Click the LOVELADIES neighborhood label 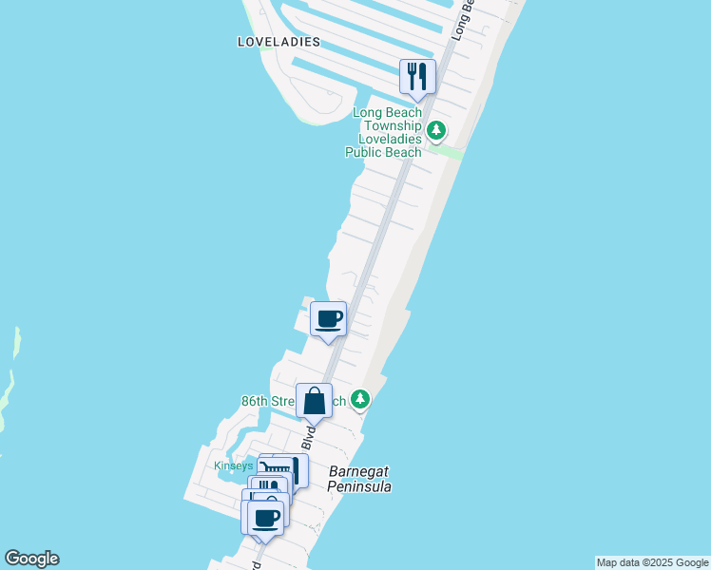point(279,43)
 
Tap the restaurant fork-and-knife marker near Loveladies point(416,76)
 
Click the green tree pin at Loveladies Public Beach point(436,130)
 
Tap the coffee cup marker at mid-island point(329,319)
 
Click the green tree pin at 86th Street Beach point(359,399)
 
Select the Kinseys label point(234,465)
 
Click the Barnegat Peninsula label point(359,479)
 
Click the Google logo point(31,559)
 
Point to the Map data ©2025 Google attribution point(652,562)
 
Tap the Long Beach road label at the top point(463,19)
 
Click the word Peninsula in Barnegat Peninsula point(359,486)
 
